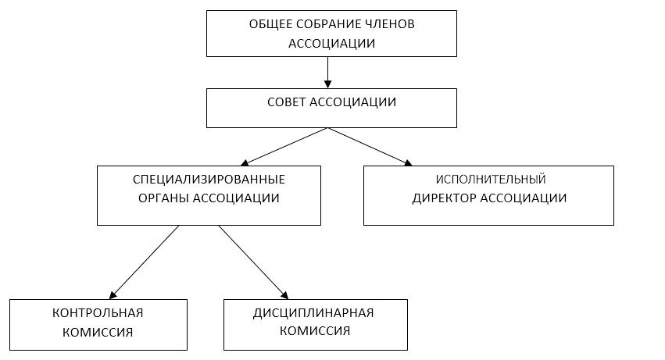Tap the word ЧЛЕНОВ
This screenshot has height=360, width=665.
click(x=384, y=24)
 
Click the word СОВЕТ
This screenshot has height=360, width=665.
click(x=286, y=102)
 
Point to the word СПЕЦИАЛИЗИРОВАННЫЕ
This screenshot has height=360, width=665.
click(x=209, y=180)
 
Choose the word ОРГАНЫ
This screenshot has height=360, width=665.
click(x=163, y=198)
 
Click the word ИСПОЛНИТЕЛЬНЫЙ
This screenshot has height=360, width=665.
click(x=491, y=180)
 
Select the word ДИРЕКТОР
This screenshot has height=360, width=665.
click(x=445, y=198)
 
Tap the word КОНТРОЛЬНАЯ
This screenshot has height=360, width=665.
click(x=98, y=313)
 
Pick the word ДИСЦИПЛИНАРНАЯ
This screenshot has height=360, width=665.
click(x=313, y=313)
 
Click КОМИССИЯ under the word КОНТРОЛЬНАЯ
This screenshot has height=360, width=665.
click(x=98, y=332)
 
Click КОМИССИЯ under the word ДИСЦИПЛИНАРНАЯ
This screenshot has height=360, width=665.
click(x=315, y=331)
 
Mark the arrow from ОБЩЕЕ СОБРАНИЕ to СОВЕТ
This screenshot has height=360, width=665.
click(x=327, y=73)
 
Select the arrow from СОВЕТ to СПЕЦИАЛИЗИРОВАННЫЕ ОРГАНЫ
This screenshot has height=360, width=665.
click(x=284, y=147)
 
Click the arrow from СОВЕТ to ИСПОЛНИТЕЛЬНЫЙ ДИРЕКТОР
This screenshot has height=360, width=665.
click(x=370, y=147)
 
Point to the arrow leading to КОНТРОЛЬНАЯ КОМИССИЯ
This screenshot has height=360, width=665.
click(x=144, y=262)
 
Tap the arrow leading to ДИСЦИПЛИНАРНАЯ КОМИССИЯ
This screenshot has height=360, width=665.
click(x=254, y=262)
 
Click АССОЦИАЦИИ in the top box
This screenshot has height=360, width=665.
click(x=331, y=43)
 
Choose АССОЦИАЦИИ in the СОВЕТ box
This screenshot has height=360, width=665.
click(x=353, y=102)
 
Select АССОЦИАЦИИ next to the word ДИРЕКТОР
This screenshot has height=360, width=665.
click(x=525, y=198)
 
